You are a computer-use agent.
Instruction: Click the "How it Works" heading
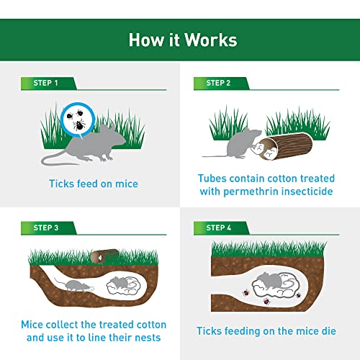coord(179,39)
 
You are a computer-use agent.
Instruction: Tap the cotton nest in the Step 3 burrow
coord(122,287)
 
